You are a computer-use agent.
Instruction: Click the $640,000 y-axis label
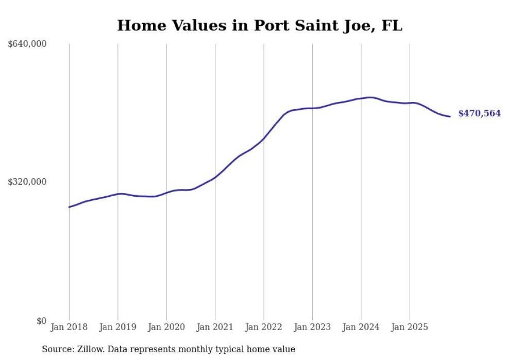(x=27, y=44)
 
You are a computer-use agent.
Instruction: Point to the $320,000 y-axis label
(x=27, y=182)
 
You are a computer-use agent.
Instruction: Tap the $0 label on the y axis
(x=41, y=321)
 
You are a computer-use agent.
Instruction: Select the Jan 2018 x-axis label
(x=69, y=327)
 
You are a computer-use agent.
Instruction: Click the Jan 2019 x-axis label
(x=117, y=327)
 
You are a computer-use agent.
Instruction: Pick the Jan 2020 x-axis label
(x=166, y=327)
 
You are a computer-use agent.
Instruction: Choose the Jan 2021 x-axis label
(x=215, y=327)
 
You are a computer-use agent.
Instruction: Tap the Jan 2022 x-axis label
(x=264, y=327)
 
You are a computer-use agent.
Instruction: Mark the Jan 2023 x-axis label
(x=312, y=327)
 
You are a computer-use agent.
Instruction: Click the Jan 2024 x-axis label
(x=361, y=327)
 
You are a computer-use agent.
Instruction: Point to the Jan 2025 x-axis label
(x=410, y=327)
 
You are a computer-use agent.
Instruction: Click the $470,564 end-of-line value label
(x=479, y=114)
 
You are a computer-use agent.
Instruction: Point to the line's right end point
(x=450, y=116)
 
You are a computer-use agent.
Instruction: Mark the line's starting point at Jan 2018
(x=69, y=207)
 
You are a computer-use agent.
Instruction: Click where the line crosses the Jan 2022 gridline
(x=264, y=138)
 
